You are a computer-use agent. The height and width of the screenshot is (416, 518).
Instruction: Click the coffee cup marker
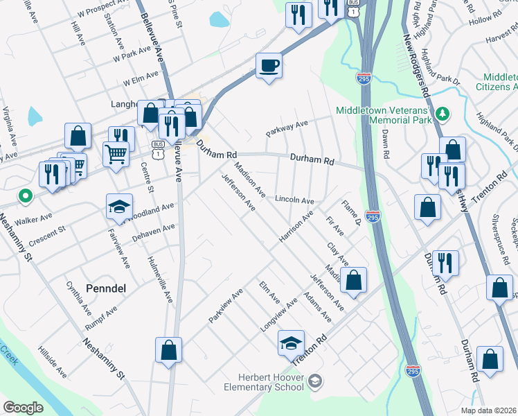coord(269,66)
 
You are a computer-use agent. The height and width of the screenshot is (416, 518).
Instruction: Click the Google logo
coord(24,407)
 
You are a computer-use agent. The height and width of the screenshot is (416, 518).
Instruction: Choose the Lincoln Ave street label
coord(294,200)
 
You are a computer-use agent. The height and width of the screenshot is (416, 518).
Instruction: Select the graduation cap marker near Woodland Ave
coord(119,207)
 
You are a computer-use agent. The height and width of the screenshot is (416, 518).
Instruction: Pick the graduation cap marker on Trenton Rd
coord(292,343)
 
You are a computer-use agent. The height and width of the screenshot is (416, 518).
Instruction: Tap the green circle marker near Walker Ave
coord(26,197)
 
